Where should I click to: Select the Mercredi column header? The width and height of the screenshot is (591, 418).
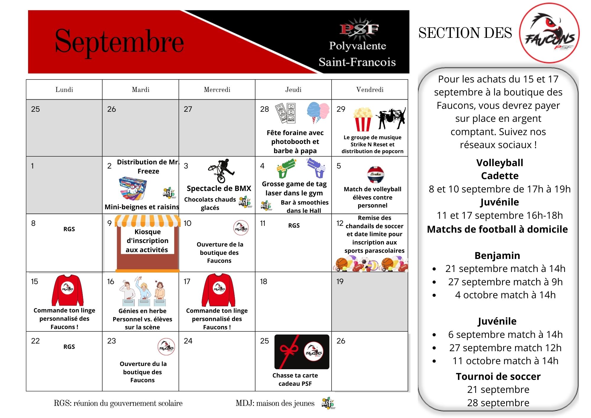click(217, 90)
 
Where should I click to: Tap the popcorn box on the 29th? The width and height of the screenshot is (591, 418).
click(363, 119)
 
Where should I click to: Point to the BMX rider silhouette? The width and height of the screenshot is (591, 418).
click(222, 170)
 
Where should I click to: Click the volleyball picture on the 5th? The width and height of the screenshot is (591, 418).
click(375, 175)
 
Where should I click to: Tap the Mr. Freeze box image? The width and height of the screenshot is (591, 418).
click(133, 188)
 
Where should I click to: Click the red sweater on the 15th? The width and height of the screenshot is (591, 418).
click(68, 290)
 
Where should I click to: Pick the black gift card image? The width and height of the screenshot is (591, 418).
click(302, 352)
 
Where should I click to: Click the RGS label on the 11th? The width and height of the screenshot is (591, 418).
click(294, 226)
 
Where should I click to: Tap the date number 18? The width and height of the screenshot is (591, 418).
click(263, 281)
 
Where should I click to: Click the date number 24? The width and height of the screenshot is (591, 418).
click(188, 341)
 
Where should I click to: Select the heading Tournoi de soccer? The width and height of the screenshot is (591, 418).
click(498, 376)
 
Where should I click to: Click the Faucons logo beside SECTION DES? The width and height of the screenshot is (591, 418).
click(549, 33)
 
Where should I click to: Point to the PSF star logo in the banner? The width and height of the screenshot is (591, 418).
click(359, 29)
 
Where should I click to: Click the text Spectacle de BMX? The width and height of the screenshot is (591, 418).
click(219, 188)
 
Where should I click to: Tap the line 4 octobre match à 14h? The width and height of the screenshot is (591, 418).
click(505, 295)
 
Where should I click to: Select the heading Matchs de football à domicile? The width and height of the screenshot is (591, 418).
click(497, 229)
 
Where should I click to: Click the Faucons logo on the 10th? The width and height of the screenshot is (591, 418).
click(241, 228)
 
